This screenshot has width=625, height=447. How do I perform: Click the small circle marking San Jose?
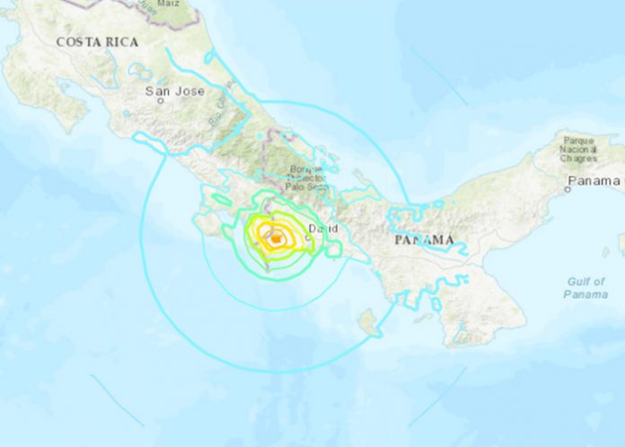pos(161,101)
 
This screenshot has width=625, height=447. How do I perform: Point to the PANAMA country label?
pos(424,240)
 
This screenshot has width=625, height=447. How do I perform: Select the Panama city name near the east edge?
pos(593,181)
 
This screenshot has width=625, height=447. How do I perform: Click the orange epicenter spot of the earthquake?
pos(274,237)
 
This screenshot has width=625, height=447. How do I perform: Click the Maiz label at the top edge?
pos(168,4)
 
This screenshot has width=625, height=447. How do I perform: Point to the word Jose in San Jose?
pos(183,91)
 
